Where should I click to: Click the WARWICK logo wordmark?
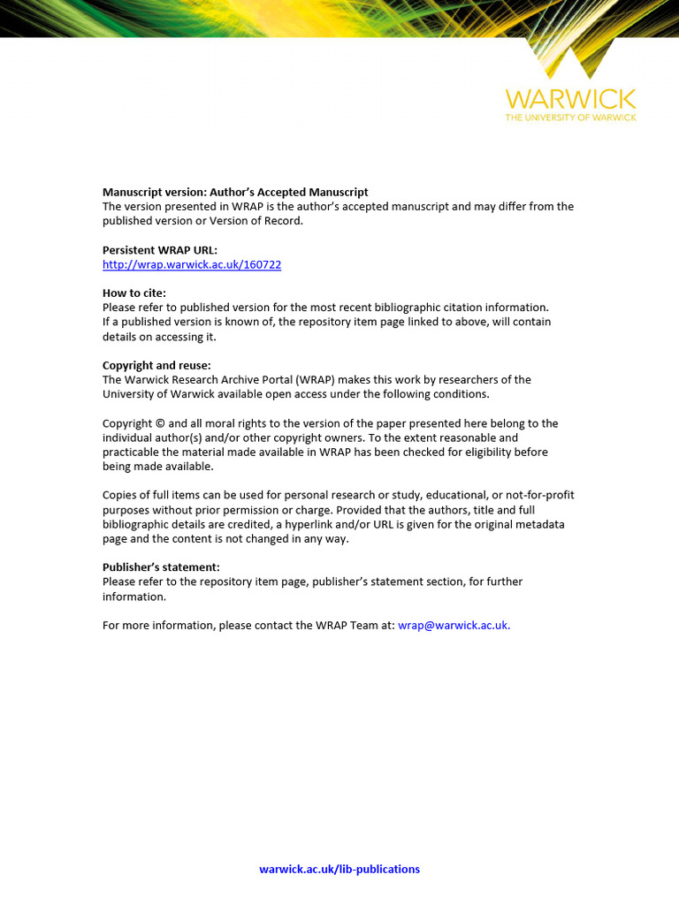click(570, 98)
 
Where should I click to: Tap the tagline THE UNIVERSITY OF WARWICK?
click(570, 117)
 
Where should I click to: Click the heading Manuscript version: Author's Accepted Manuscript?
click(235, 192)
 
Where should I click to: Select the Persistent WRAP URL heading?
click(160, 250)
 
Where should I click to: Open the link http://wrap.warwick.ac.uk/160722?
click(192, 264)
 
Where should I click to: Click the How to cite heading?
click(134, 293)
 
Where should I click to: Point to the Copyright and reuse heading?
click(156, 365)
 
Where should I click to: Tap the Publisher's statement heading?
click(161, 567)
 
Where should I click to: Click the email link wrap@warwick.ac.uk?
click(454, 625)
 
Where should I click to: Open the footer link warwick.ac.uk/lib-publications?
click(339, 869)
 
